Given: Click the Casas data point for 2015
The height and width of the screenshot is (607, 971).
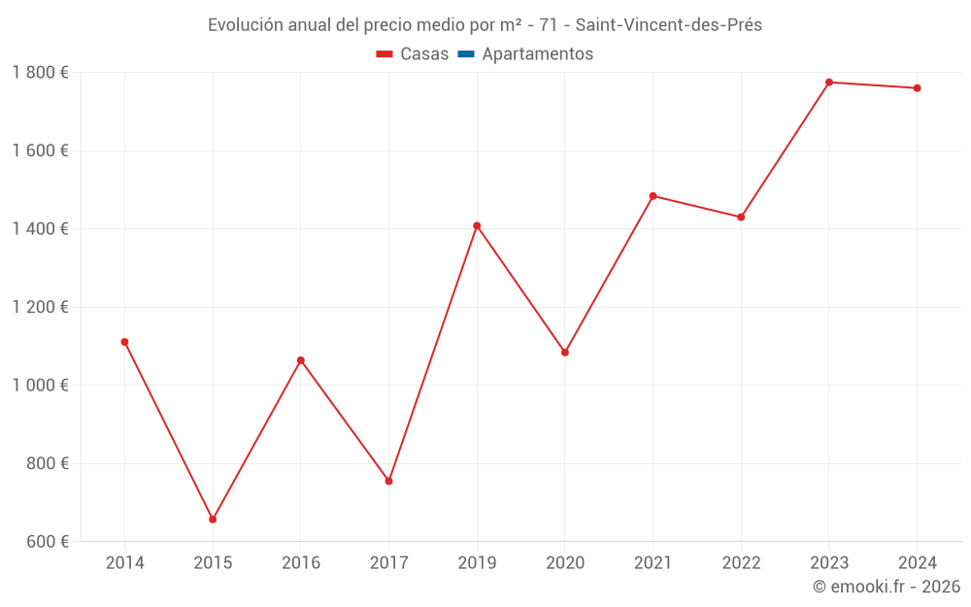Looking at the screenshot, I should (x=213, y=520).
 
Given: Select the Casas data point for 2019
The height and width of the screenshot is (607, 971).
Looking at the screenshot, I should (x=477, y=226).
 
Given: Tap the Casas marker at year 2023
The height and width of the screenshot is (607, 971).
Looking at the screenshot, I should (x=829, y=83).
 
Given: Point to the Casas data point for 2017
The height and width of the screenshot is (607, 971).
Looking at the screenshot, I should (x=388, y=481).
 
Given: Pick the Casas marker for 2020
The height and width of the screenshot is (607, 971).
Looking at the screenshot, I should (x=565, y=353).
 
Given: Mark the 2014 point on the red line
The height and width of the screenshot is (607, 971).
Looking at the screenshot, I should (x=124, y=342).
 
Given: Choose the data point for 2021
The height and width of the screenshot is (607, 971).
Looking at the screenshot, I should (x=653, y=196).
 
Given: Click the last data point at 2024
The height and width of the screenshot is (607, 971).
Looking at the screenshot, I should (x=917, y=88).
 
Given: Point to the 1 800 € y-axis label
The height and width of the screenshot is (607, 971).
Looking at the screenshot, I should (x=40, y=73).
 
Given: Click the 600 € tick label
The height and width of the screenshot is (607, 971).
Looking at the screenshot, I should (x=46, y=542).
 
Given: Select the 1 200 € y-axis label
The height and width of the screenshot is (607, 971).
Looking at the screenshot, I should (x=40, y=307).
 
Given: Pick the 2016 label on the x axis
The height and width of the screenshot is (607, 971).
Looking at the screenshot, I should (x=300, y=563).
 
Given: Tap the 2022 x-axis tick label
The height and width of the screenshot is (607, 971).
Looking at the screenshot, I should (x=741, y=563).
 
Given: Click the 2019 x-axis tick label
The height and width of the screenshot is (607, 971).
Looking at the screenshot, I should (x=477, y=563).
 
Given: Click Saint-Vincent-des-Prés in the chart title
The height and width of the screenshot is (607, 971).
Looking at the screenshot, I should (x=669, y=25).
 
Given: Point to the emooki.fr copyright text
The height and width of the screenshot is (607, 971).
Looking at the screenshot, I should (x=887, y=587).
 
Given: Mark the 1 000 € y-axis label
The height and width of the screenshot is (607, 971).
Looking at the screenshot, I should (x=40, y=386).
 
